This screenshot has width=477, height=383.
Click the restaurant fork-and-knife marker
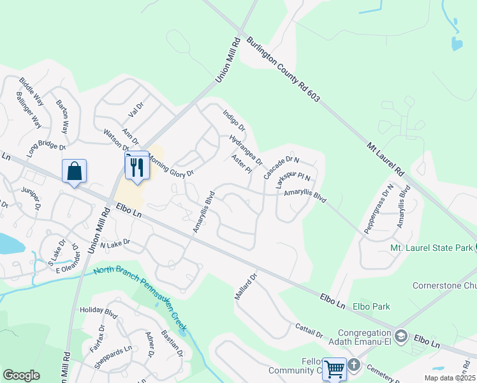136,167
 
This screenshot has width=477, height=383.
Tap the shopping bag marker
75,172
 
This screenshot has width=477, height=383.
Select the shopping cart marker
335,369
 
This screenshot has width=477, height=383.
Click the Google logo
21,375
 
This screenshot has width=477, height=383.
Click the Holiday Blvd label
99,312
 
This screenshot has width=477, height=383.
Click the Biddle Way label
31,92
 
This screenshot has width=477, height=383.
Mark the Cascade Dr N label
281,167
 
